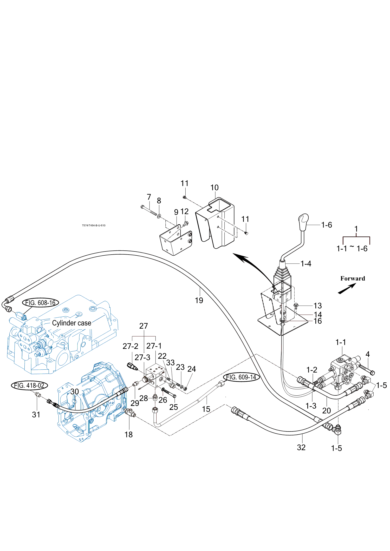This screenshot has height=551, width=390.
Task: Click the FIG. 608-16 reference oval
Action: [x=40, y=303]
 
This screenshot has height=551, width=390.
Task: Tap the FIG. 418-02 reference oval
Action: [x=29, y=385]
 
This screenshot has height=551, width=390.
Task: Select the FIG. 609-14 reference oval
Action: [x=241, y=377]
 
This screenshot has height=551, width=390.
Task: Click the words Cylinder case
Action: [x=71, y=323]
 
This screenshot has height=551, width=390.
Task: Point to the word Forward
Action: [x=353, y=278]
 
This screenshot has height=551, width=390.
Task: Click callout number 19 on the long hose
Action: [x=199, y=300]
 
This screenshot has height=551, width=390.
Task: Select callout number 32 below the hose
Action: [x=301, y=447]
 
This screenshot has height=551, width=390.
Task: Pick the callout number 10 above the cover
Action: [x=214, y=188]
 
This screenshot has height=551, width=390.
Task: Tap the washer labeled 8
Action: [x=159, y=216]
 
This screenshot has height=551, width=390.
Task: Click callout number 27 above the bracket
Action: [x=144, y=326]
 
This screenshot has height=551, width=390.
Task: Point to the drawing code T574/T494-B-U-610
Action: [x=94, y=225]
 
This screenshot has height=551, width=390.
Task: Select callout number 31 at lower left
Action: [x=36, y=415]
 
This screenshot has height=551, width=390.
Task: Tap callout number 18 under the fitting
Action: [x=128, y=434]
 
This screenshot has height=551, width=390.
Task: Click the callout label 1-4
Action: [x=306, y=264]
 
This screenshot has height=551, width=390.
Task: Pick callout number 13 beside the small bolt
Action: [x=317, y=306]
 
